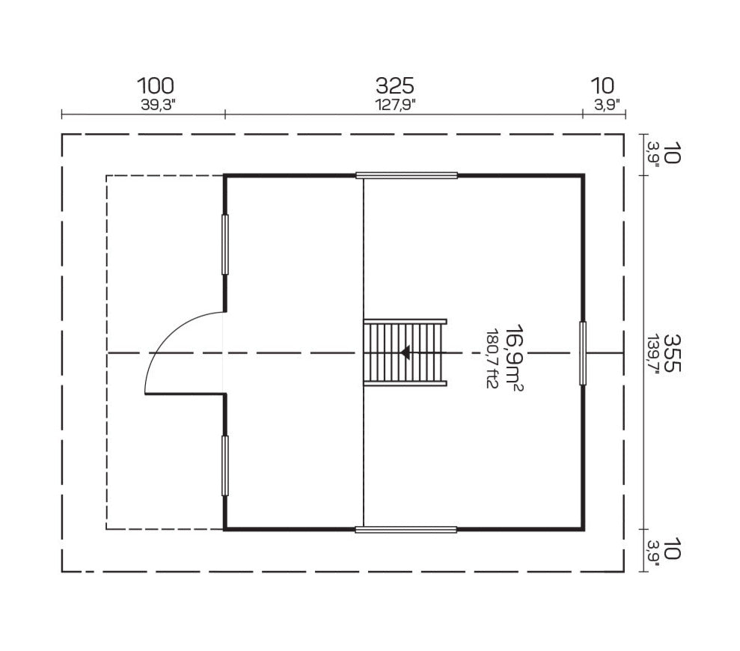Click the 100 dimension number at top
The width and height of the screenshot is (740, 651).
(156, 86)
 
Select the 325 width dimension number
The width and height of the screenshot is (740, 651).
(394, 86)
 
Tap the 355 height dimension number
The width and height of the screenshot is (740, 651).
(671, 352)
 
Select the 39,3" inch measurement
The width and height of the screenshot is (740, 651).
(156, 106)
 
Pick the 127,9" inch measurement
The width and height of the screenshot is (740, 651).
(394, 106)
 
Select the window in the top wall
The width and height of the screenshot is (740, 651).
(406, 176)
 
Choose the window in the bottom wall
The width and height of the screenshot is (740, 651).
(406, 530)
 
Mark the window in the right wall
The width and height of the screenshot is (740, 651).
(583, 353)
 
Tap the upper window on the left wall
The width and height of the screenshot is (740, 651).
(224, 245)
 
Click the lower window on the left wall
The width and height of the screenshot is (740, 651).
(224, 465)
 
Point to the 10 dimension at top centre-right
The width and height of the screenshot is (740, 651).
(602, 86)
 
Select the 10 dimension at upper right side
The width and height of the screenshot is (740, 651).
(671, 156)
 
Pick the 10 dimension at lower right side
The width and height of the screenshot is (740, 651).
(671, 550)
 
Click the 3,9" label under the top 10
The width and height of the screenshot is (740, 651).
(606, 106)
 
